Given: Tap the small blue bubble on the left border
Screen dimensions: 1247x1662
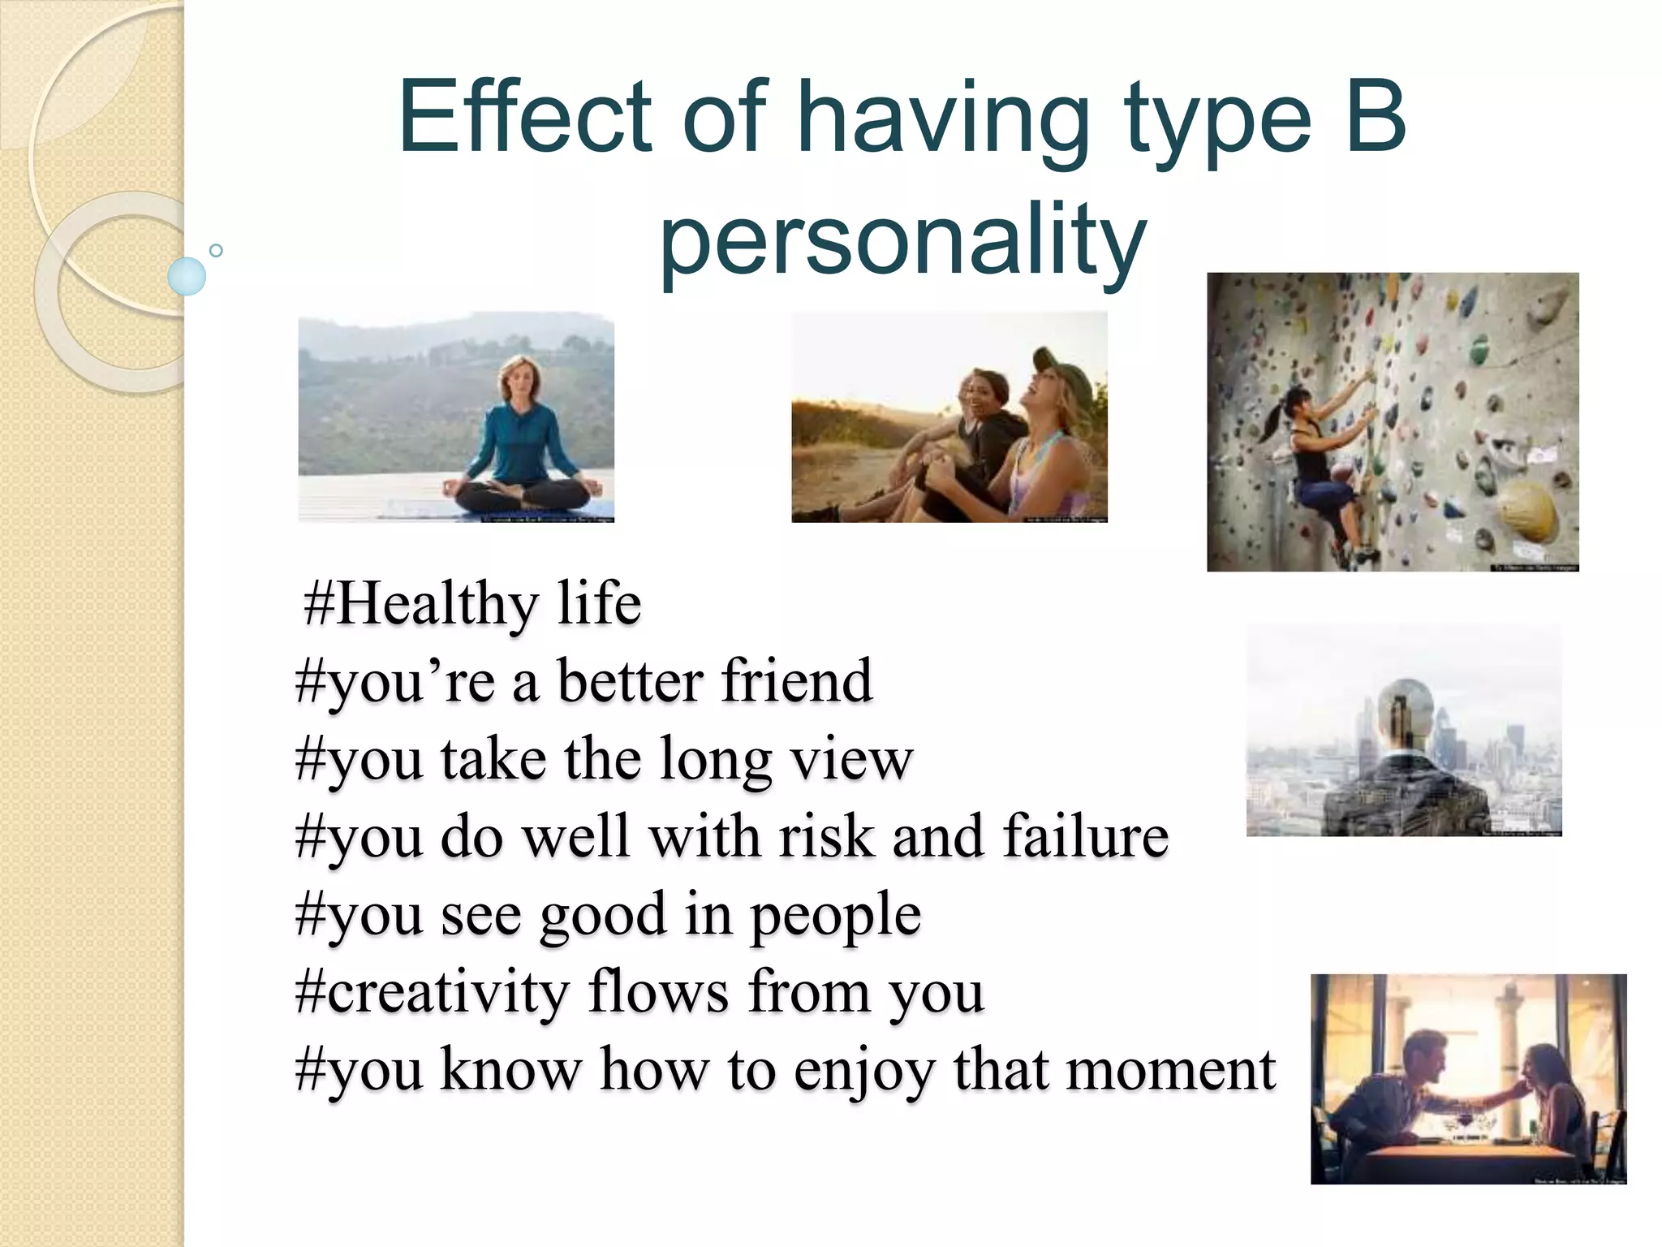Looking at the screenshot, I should (x=187, y=276).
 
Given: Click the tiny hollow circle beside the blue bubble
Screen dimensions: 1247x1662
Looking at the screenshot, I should (x=216, y=251).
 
